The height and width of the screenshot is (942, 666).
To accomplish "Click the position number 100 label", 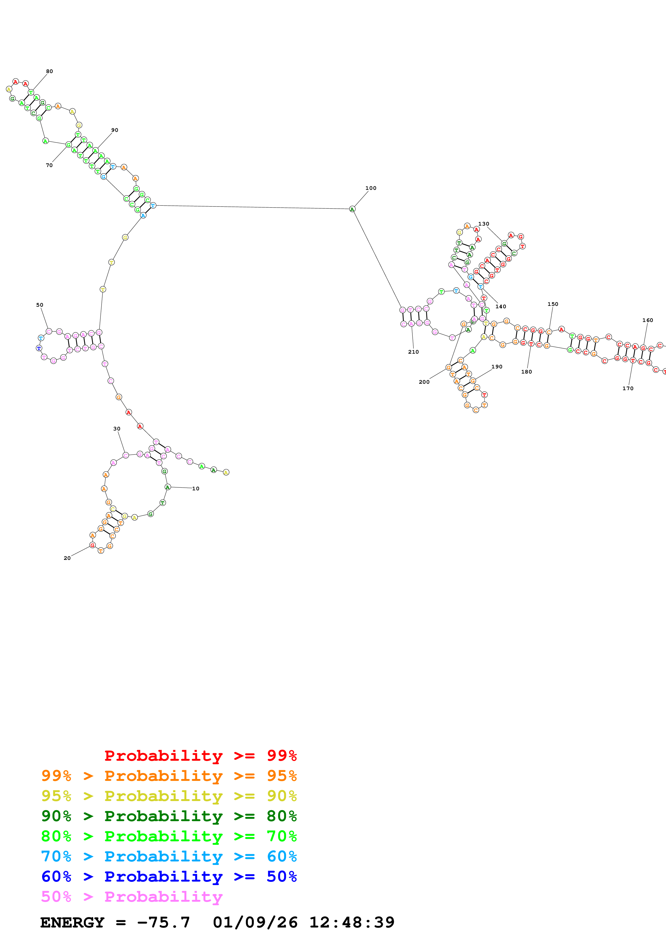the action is (x=370, y=188).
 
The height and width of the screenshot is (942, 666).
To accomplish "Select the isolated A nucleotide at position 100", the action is (x=352, y=209).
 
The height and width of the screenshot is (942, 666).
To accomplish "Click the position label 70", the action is (x=49, y=165).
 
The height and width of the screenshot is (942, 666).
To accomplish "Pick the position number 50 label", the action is (x=39, y=305).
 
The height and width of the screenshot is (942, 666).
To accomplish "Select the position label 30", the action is (x=117, y=429).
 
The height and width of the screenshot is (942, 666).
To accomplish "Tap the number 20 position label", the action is (x=67, y=558).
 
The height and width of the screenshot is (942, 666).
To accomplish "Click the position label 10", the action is (x=196, y=489).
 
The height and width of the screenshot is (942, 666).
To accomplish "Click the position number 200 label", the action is (x=424, y=382).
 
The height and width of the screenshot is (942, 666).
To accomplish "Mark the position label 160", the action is (x=647, y=320).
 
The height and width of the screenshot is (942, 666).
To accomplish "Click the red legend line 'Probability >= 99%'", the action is (x=200, y=756).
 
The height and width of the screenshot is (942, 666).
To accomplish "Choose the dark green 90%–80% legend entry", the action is (x=169, y=816).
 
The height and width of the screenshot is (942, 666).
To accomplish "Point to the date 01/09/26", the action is (x=255, y=922).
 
